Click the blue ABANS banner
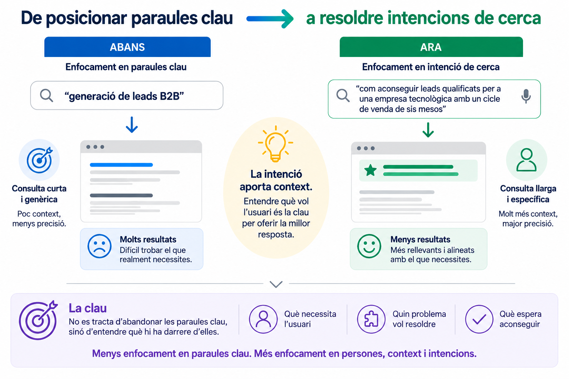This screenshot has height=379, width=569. coord(127,47)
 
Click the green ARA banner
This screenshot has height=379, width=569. coord(431,47)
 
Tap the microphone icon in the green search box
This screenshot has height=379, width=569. coord(526,96)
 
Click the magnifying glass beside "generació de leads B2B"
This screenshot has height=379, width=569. coord(46,96)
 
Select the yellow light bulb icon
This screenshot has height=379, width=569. coord(276,144)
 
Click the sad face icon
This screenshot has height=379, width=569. coord(99,246)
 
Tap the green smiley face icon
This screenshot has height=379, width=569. coord(369,246)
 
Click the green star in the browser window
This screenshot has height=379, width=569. coord(370,170)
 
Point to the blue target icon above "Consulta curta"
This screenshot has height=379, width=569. coord(40,160)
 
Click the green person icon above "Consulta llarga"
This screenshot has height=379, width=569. coord(526,160)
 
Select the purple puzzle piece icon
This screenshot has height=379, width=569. coord(371,319)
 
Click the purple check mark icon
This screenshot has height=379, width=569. coord(479,319)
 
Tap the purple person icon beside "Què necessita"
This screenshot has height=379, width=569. coord(263,319)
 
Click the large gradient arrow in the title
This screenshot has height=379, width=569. coord(270,19)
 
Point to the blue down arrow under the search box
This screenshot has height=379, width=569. coord(132,125)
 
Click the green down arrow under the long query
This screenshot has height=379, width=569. coord(428,130)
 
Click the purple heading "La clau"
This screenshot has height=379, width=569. coord(88,308)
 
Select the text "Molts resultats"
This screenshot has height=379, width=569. coord(148,239)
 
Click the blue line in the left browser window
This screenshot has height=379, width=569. coord(121,165)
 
